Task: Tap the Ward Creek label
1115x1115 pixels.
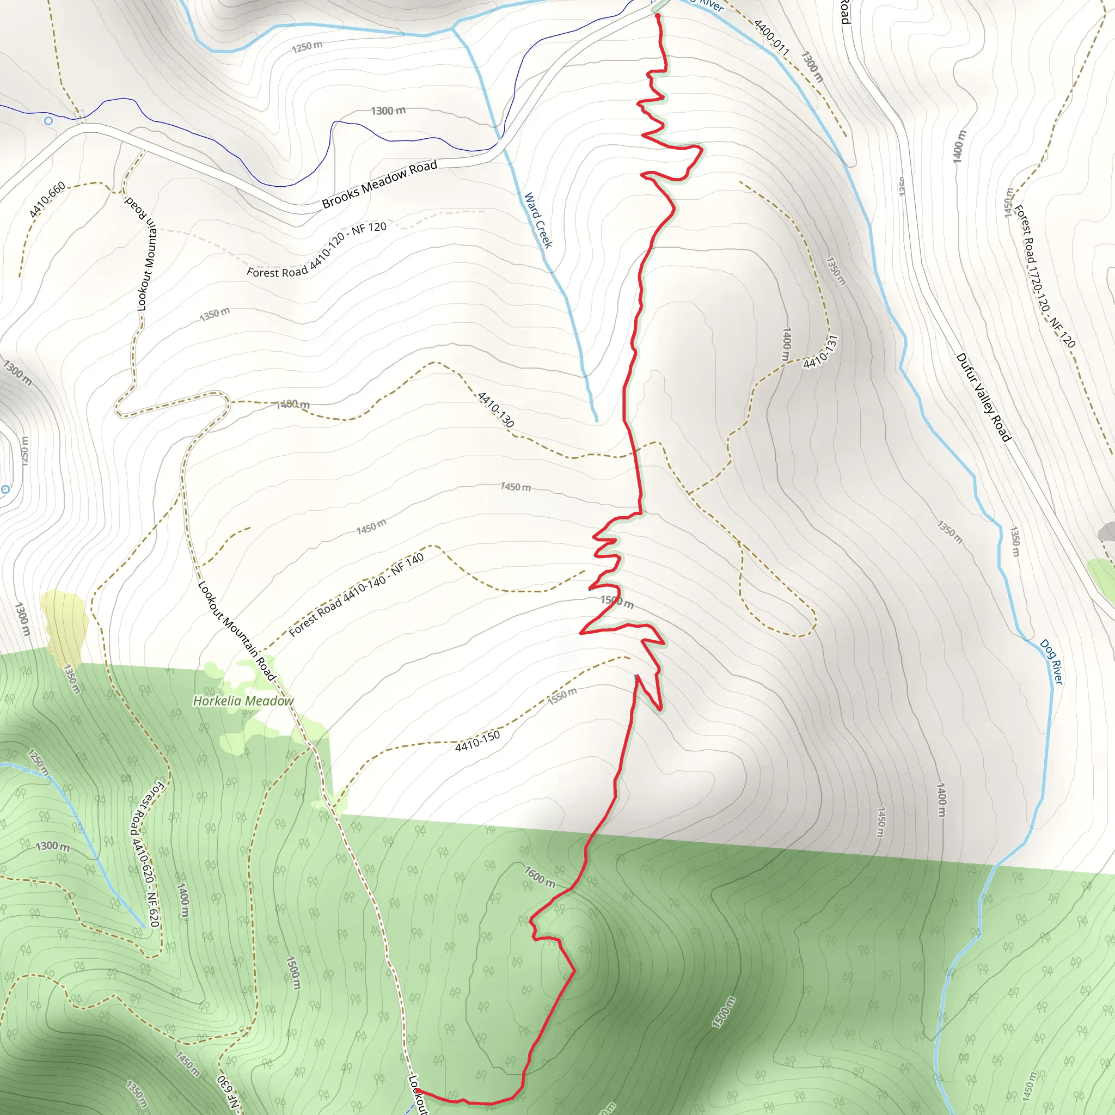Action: click(538, 220)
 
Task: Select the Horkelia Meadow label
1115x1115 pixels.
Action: click(243, 701)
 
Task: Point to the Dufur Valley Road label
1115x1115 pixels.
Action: click(983, 397)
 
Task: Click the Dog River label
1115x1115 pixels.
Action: click(1051, 662)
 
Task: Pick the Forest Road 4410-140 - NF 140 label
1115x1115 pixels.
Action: click(356, 595)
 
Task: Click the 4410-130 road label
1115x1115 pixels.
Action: click(496, 410)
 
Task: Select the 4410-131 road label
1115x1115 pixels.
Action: click(820, 351)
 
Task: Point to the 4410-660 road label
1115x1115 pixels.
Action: click(47, 200)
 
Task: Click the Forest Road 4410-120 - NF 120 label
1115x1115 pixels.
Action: click(317, 250)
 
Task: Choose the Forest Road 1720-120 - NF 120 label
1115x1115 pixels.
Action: click(1045, 277)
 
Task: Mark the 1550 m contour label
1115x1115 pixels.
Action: click(562, 696)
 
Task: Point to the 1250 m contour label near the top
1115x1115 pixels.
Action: click(307, 46)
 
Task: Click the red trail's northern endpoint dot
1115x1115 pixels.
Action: click(657, 16)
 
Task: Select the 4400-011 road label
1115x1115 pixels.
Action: click(771, 37)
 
